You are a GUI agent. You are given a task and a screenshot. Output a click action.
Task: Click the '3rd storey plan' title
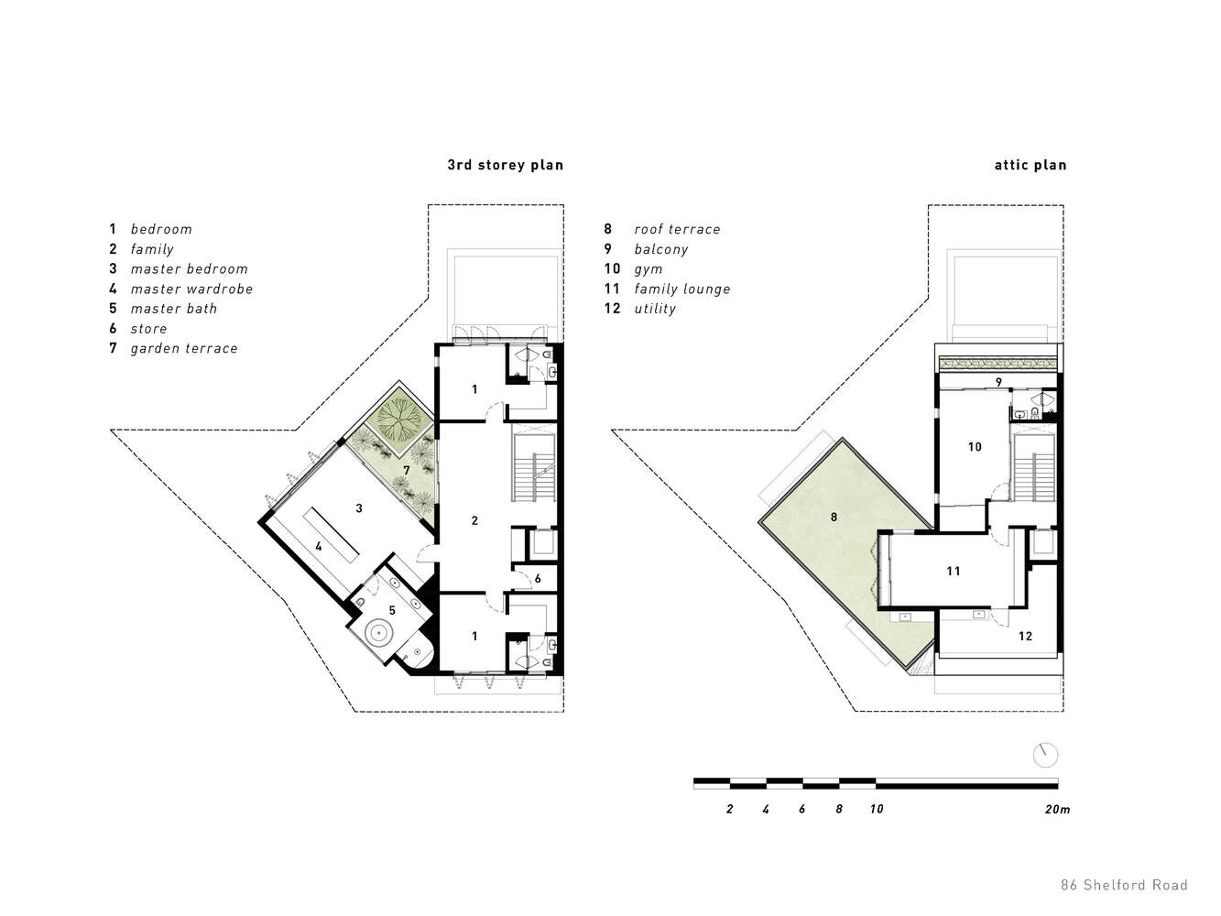click(x=505, y=165)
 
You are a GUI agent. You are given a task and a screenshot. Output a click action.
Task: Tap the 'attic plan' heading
click(x=1030, y=165)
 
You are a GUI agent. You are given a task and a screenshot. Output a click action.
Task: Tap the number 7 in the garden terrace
click(x=407, y=471)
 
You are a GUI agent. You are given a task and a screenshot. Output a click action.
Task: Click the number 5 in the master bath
click(x=392, y=611)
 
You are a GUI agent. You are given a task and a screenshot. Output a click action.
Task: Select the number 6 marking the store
click(x=538, y=579)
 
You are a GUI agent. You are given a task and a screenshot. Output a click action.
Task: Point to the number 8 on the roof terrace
click(x=834, y=518)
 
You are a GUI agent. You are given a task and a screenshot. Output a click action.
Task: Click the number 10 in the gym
click(x=975, y=447)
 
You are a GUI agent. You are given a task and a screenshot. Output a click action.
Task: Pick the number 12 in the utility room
click(x=1025, y=637)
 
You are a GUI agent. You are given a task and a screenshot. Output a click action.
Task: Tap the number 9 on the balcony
click(x=998, y=382)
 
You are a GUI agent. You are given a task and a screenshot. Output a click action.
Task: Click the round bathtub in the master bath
click(x=379, y=633)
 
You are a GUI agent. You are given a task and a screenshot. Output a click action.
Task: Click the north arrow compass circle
click(x=1045, y=756)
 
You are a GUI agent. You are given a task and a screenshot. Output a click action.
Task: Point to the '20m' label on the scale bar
click(x=1057, y=809)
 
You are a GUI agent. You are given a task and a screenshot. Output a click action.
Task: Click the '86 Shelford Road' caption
click(x=1124, y=885)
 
